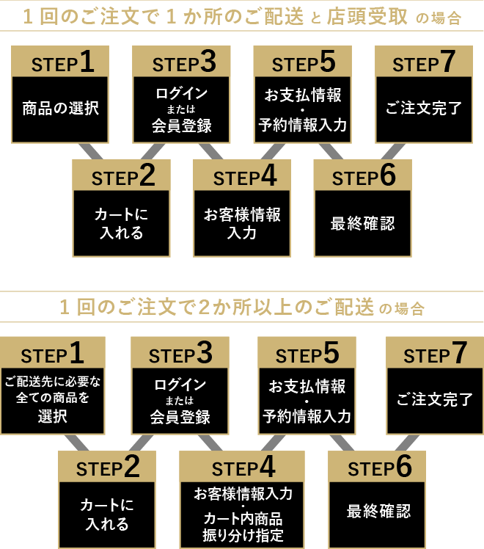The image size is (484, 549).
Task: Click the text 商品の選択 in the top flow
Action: (60, 109)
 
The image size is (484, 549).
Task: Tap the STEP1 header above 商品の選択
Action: (60, 64)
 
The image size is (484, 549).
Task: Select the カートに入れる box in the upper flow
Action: (121, 224)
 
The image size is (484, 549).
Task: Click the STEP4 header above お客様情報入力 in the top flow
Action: (242, 178)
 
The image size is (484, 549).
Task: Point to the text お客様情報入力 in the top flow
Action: (242, 224)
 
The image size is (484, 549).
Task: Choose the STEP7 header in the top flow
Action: (424, 64)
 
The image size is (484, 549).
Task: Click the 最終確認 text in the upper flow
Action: (362, 224)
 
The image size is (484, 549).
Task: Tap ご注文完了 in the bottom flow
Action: (435, 400)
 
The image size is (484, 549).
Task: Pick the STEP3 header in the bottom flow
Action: (180, 355)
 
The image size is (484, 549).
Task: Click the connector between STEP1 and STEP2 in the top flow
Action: (92, 151)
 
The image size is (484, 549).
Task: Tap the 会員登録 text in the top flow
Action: (181, 126)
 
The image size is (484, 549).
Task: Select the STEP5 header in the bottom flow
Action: (307, 355)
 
